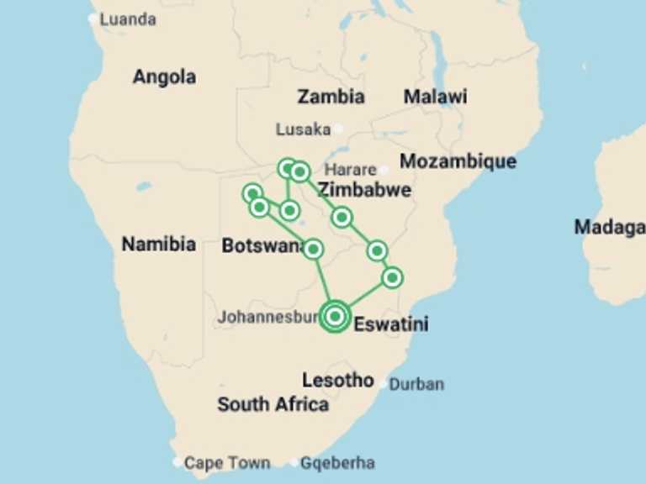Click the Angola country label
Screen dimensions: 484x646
[164, 77]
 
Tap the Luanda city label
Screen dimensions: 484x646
[128, 19]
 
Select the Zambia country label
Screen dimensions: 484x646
[331, 97]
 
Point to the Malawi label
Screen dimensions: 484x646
[435, 97]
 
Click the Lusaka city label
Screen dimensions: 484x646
[303, 129]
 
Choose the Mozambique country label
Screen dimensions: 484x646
[458, 161]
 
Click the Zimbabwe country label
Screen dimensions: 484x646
[364, 190]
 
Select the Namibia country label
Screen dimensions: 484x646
[159, 245]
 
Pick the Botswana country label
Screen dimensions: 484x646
[262, 246]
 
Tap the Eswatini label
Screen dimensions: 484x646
[391, 324]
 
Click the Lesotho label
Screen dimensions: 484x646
[338, 381]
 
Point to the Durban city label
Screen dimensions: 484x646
[416, 385]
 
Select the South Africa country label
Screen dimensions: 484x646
[273, 404]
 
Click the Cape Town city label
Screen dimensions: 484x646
[227, 463]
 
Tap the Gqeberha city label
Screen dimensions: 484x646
[337, 463]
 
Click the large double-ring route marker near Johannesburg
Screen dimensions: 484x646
[335, 316]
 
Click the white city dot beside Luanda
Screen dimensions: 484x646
[93, 18]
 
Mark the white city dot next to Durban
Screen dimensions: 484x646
[384, 384]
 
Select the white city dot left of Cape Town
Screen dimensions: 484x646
[177, 462]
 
